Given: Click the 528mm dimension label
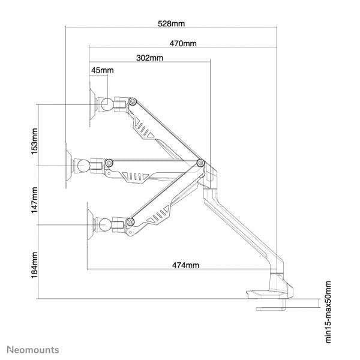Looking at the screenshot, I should click(170, 24).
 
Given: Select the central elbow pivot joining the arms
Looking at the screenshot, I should click(200, 163).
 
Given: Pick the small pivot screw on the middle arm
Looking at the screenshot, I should click(109, 163).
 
